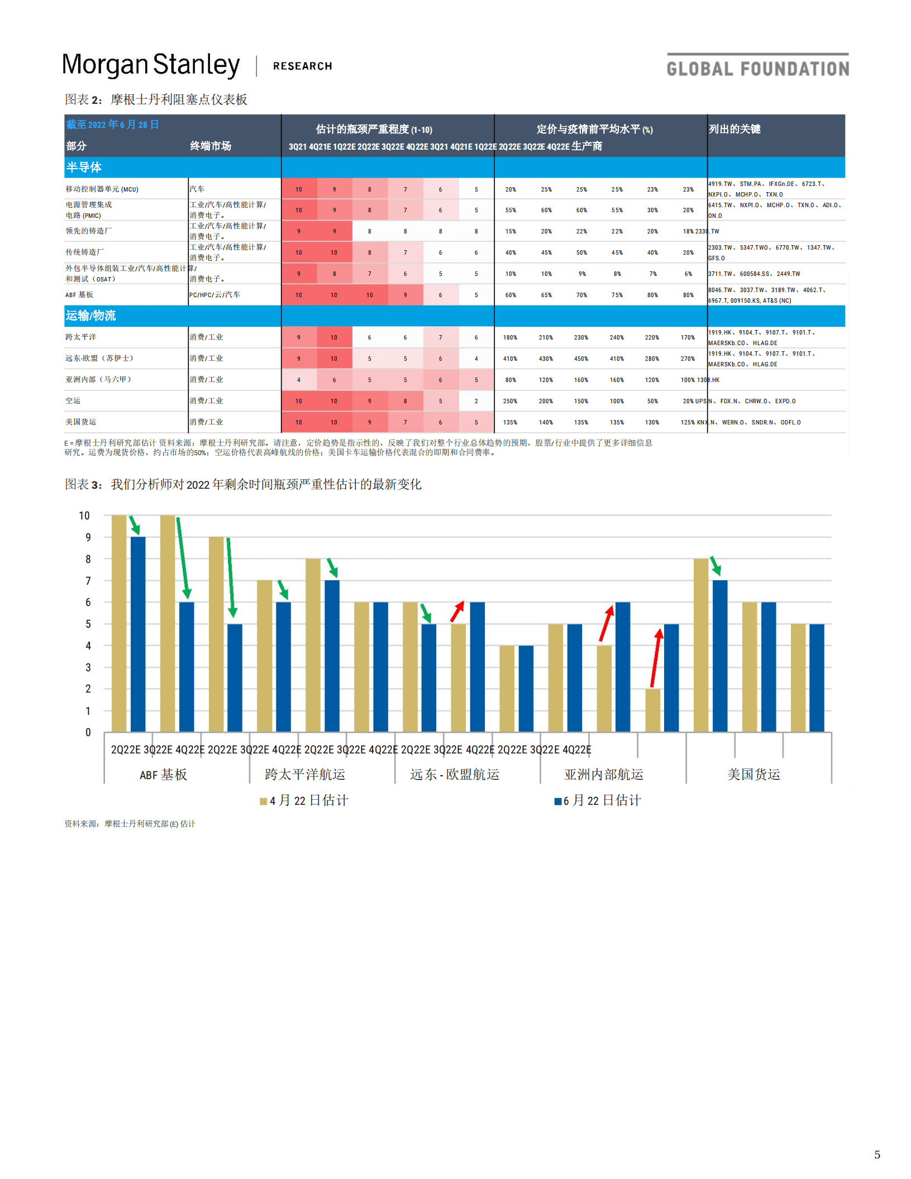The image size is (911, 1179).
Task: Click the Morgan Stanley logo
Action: coord(151,65)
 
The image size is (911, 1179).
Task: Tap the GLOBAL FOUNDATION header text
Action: coord(757,69)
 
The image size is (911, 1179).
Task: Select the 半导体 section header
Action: coord(84,168)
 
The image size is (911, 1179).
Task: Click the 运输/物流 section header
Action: coord(90,316)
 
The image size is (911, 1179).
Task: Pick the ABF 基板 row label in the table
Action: coord(79,295)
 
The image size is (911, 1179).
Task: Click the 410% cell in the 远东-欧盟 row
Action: coord(510,359)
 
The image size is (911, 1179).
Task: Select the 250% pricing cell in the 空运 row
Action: coord(510,401)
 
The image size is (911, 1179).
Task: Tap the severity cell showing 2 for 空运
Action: coord(476,401)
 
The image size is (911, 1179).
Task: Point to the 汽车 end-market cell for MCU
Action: coord(197,189)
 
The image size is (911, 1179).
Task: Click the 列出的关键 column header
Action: coord(734,130)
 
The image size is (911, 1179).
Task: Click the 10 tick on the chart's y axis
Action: coord(84,515)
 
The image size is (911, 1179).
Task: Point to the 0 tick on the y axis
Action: coord(88,732)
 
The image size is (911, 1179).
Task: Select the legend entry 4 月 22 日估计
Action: coord(304,801)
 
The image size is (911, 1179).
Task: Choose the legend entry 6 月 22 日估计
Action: coord(598,801)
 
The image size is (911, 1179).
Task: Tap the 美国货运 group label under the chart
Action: coord(753,775)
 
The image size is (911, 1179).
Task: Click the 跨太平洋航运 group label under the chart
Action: coord(305,775)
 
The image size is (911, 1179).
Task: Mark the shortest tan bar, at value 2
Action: coord(652,710)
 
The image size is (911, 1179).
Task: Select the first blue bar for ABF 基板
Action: coord(138,634)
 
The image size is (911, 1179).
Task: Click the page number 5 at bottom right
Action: coord(877,1154)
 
